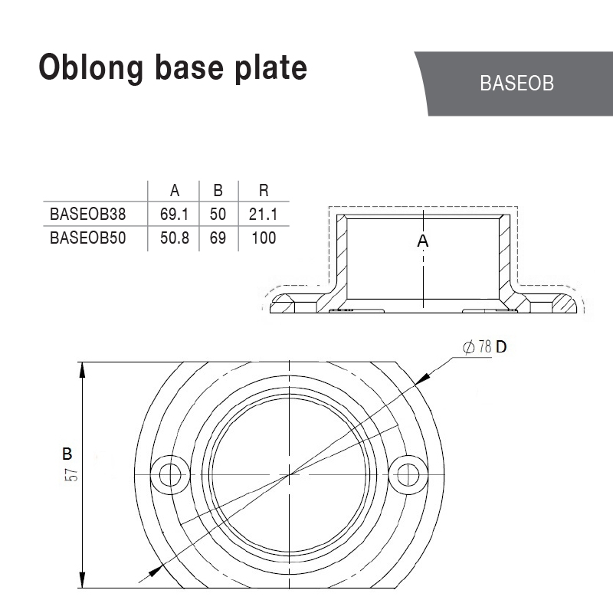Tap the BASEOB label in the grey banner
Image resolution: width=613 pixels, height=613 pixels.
pyautogui.click(x=516, y=84)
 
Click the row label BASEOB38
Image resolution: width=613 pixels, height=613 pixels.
pyautogui.click(x=87, y=214)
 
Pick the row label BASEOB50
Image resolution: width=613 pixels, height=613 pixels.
pyautogui.click(x=87, y=238)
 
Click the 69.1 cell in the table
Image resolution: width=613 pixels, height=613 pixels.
pyautogui.click(x=175, y=214)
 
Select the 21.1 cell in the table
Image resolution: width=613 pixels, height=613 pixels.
pyautogui.click(x=264, y=214)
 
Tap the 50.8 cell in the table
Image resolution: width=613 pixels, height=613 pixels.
pyautogui.click(x=175, y=238)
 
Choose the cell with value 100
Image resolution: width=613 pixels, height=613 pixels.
pyautogui.click(x=264, y=238)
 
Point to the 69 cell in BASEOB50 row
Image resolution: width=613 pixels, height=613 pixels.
pyautogui.click(x=218, y=238)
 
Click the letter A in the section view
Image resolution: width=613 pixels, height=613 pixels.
pyautogui.click(x=422, y=241)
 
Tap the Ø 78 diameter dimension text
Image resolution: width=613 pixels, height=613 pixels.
pyautogui.click(x=477, y=346)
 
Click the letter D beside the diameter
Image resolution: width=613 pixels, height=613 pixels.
pyautogui.click(x=501, y=346)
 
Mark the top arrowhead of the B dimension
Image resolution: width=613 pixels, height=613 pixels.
pyautogui.click(x=83, y=368)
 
